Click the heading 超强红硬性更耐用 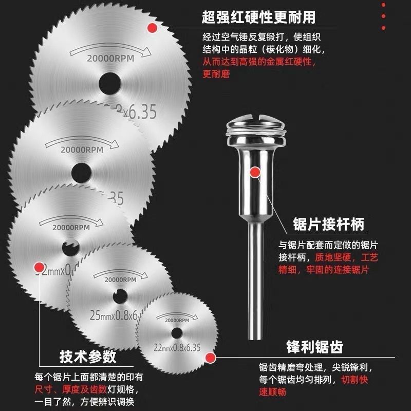pyautogui.click(x=258, y=17)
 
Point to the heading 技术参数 pyautogui.click(x=88, y=357)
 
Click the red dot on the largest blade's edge pyautogui.click(x=152, y=28)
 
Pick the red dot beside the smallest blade pyautogui.click(x=210, y=358)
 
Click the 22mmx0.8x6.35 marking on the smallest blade pyautogui.click(x=177, y=348)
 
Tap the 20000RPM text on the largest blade pyautogui.click(x=110, y=58)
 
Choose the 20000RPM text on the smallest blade pyautogui.click(x=176, y=320)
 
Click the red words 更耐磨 pyautogui.click(x=216, y=74)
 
